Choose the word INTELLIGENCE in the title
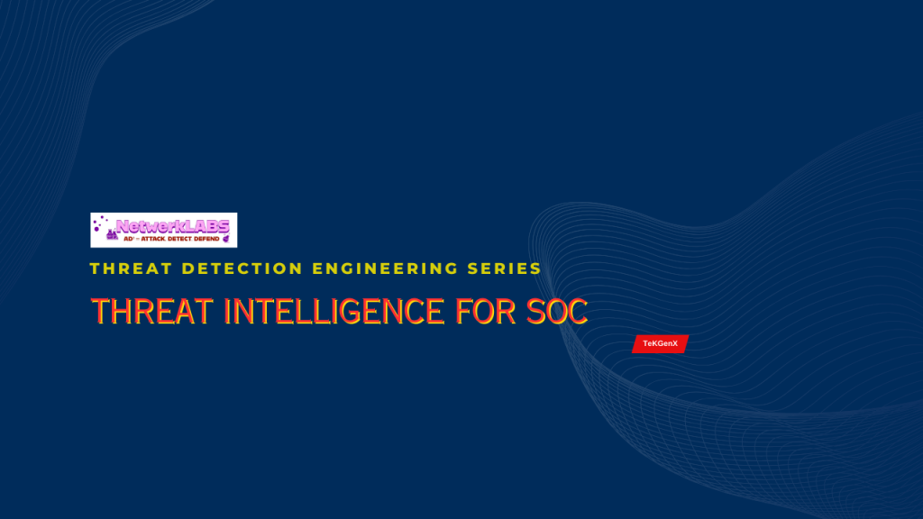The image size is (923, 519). click(x=334, y=312)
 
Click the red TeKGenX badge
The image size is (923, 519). click(x=660, y=344)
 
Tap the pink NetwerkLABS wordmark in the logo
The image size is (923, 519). click(x=172, y=225)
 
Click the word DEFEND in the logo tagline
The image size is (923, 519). click(x=206, y=238)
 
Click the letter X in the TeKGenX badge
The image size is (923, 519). click(x=674, y=344)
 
